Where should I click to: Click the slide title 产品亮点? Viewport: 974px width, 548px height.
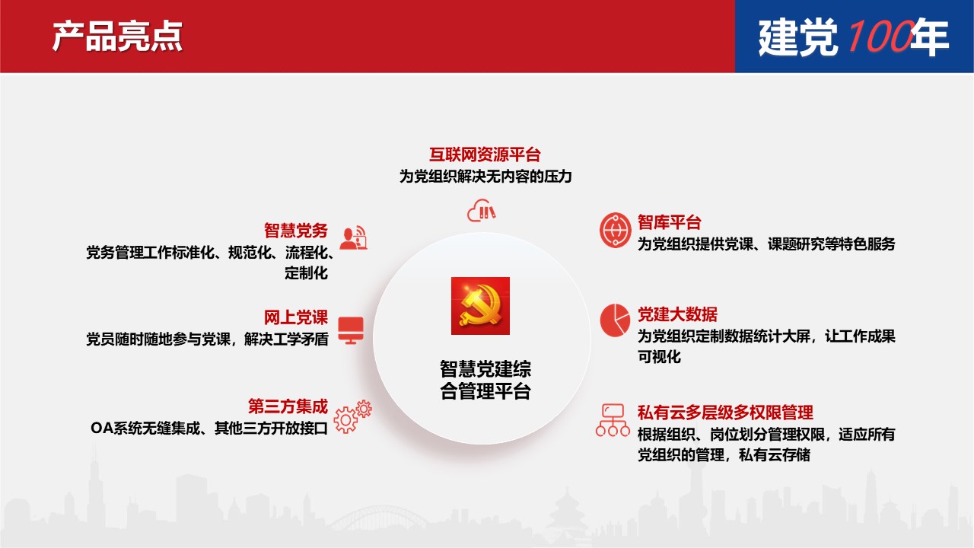click(117, 37)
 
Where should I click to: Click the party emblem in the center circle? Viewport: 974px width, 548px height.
click(480, 306)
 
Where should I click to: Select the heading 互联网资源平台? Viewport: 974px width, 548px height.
click(485, 155)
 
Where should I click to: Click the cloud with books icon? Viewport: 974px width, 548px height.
click(482, 211)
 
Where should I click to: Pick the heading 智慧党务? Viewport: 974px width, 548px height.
click(296, 231)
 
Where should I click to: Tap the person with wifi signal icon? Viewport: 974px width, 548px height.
click(353, 238)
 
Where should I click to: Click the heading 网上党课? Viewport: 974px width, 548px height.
click(296, 317)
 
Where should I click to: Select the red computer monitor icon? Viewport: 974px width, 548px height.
click(351, 330)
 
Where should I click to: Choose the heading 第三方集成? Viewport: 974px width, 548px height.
click(288, 406)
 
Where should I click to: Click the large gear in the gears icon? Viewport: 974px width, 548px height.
click(345, 420)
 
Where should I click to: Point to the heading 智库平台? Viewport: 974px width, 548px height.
click(669, 222)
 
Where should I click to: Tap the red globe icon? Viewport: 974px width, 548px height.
click(615, 230)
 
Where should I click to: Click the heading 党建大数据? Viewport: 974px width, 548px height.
click(677, 314)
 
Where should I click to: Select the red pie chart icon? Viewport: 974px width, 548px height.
click(615, 320)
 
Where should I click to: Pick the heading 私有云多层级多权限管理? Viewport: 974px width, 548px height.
click(725, 413)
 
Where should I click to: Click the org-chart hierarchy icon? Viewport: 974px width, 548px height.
click(613, 420)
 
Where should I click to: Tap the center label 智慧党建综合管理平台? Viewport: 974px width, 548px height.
click(485, 380)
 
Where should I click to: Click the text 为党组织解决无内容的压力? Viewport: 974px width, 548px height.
click(485, 176)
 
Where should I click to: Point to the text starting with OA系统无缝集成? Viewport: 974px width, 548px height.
click(209, 428)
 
